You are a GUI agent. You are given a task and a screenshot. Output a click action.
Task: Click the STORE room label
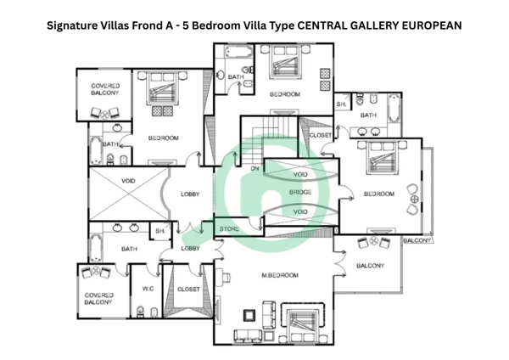click(x=229, y=228)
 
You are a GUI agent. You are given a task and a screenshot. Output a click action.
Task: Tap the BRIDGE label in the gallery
click(x=300, y=192)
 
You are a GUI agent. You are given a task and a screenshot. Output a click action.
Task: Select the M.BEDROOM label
click(x=280, y=275)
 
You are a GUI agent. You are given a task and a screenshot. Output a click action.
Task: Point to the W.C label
click(x=148, y=289)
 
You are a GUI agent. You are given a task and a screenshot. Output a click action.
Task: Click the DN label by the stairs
click(x=255, y=169)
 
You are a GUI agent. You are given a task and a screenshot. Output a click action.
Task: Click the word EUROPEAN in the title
click(x=432, y=25)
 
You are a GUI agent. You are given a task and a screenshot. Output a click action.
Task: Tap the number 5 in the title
click(x=185, y=25)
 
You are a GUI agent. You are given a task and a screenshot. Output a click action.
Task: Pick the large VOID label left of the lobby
click(x=128, y=181)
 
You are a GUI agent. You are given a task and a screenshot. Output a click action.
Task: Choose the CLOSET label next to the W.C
click(x=188, y=289)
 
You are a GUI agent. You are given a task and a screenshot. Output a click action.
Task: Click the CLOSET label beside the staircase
click(x=321, y=135)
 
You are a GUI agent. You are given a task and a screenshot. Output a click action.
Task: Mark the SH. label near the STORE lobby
click(x=160, y=231)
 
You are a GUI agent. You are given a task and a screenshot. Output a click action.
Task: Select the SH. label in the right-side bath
click(x=342, y=104)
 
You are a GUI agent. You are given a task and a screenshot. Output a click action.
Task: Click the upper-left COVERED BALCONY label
click(x=105, y=89)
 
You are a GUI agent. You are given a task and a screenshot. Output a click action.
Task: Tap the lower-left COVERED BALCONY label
click(x=98, y=299)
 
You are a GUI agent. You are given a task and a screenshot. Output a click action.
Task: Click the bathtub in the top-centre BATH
click(x=238, y=52)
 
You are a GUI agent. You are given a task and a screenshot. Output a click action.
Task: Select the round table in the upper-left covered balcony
click(x=104, y=114)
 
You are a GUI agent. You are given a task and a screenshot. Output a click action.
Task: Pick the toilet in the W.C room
click(x=140, y=312)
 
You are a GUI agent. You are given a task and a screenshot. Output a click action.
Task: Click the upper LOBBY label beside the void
click(x=190, y=194)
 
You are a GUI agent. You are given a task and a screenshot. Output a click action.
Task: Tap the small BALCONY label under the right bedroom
click(x=417, y=240)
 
